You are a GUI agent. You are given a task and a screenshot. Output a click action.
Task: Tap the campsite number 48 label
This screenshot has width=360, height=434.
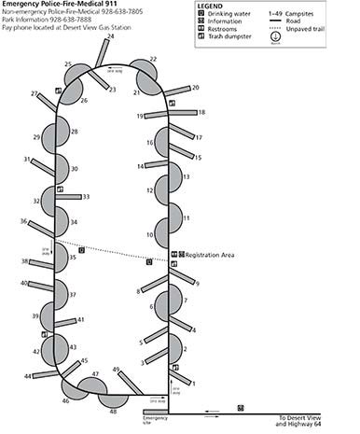113,411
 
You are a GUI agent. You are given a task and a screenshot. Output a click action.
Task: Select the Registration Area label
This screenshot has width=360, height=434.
209,254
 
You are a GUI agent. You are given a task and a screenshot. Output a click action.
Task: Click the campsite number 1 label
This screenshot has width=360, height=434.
193,384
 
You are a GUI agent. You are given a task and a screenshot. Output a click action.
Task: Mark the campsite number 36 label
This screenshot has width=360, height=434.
23,221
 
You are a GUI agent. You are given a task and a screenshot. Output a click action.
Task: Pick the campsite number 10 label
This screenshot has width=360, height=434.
149,235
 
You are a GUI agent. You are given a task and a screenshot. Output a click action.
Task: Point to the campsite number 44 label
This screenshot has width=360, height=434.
28,376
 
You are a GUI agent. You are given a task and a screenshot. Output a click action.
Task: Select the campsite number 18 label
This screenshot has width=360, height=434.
201,112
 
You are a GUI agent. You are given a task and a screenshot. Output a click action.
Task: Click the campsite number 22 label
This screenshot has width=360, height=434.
154,60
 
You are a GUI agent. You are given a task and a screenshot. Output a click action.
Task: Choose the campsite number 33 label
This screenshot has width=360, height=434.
86,197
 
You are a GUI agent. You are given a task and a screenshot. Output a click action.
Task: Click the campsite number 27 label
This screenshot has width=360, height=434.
35,93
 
